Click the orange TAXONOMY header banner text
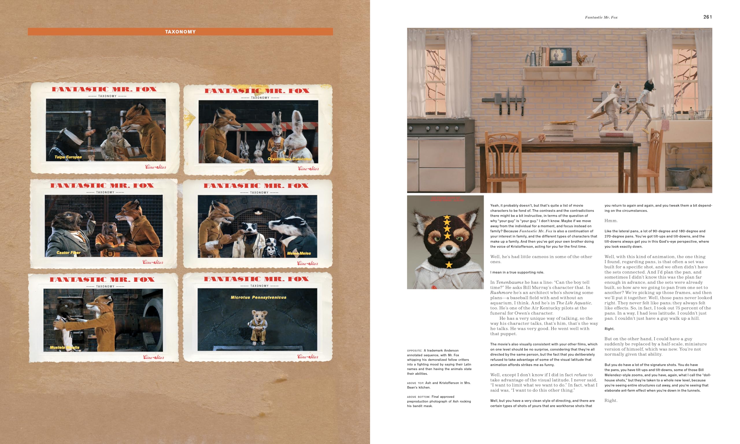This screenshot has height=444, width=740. click(x=180, y=32)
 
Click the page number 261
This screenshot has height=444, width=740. click(x=707, y=17)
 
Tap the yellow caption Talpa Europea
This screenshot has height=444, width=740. click(x=68, y=157)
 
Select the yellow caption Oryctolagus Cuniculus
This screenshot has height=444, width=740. click(x=289, y=159)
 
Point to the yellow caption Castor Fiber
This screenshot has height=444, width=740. click(x=69, y=253)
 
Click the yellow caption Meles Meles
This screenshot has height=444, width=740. click(x=299, y=254)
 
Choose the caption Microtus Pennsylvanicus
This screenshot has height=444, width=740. click(x=258, y=297)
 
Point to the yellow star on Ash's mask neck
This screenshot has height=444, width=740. click(x=449, y=264)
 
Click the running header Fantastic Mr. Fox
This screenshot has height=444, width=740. click(x=601, y=17)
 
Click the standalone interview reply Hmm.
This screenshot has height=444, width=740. click(x=611, y=221)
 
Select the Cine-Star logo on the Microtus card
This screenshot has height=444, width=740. click(x=308, y=357)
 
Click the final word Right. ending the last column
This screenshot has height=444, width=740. click(x=611, y=401)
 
